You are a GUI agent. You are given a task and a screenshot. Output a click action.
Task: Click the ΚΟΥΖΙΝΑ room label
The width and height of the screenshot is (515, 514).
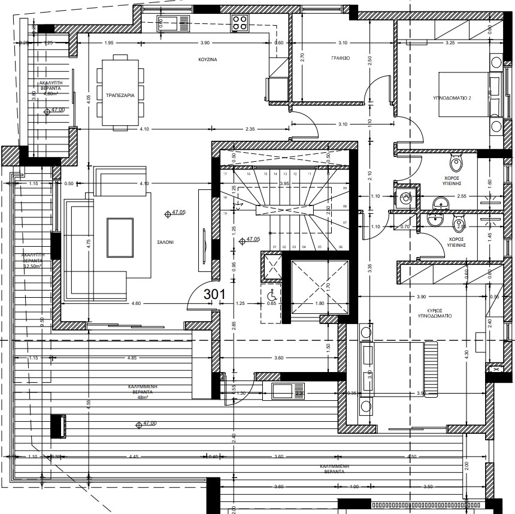tap(208, 61)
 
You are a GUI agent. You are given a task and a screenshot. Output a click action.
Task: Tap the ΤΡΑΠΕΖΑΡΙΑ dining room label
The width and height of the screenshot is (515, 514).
tap(120, 95)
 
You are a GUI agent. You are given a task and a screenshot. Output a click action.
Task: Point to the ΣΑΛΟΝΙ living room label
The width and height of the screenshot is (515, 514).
tap(166, 243)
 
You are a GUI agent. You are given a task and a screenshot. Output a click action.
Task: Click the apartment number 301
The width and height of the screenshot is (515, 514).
tap(214, 294)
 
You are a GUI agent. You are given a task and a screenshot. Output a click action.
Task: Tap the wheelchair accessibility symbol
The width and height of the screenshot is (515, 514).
tap(271, 295)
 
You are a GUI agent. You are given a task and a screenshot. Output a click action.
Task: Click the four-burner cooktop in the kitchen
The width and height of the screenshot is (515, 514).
tap(240, 23)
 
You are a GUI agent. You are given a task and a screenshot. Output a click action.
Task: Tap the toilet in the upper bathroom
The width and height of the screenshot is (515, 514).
tap(456, 162)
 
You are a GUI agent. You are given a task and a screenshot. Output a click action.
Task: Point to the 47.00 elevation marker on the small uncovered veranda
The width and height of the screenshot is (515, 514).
tap(57, 110)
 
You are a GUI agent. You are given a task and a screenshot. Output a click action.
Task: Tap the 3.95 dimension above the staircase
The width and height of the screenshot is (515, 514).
tap(284, 183)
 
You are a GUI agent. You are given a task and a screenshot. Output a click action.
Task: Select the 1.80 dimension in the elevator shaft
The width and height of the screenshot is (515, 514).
tap(319, 303)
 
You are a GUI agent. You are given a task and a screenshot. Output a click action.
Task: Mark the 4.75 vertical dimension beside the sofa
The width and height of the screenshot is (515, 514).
tap(88, 243)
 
